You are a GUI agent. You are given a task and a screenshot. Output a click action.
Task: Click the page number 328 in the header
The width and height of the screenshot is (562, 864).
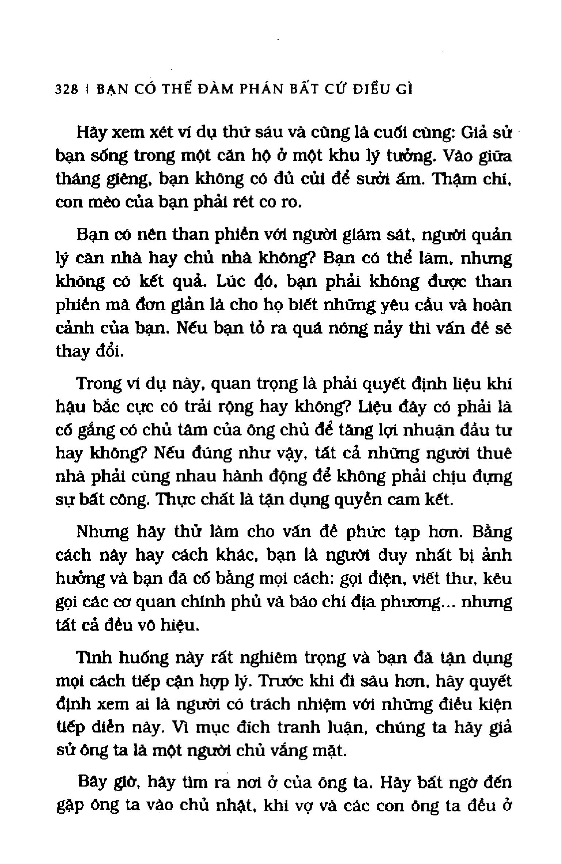(66, 89)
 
